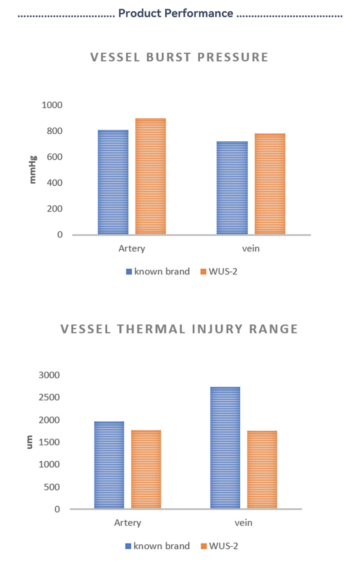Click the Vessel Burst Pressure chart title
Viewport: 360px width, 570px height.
tap(179, 58)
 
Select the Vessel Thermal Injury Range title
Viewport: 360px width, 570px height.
tap(179, 329)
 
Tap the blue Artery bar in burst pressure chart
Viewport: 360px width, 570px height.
tap(113, 182)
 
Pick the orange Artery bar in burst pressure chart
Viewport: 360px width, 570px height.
tap(151, 176)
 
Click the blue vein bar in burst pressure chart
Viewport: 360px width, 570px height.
tap(232, 188)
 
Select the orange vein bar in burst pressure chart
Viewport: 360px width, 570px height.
tap(270, 184)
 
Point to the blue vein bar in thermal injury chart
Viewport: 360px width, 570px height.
tap(225, 448)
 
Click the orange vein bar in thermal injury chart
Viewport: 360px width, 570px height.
tap(262, 470)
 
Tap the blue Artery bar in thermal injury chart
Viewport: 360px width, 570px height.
tap(109, 465)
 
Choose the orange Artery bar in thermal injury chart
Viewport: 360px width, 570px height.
tap(146, 470)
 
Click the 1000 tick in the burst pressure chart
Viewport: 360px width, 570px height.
tap(52, 105)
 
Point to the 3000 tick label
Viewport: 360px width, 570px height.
tap(50, 375)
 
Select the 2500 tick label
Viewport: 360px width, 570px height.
tap(50, 398)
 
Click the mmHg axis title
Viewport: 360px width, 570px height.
tap(32, 169)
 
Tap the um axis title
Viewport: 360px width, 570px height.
tap(30, 441)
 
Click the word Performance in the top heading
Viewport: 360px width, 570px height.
tap(205, 13)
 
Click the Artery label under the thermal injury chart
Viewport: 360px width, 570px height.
tap(127, 523)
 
